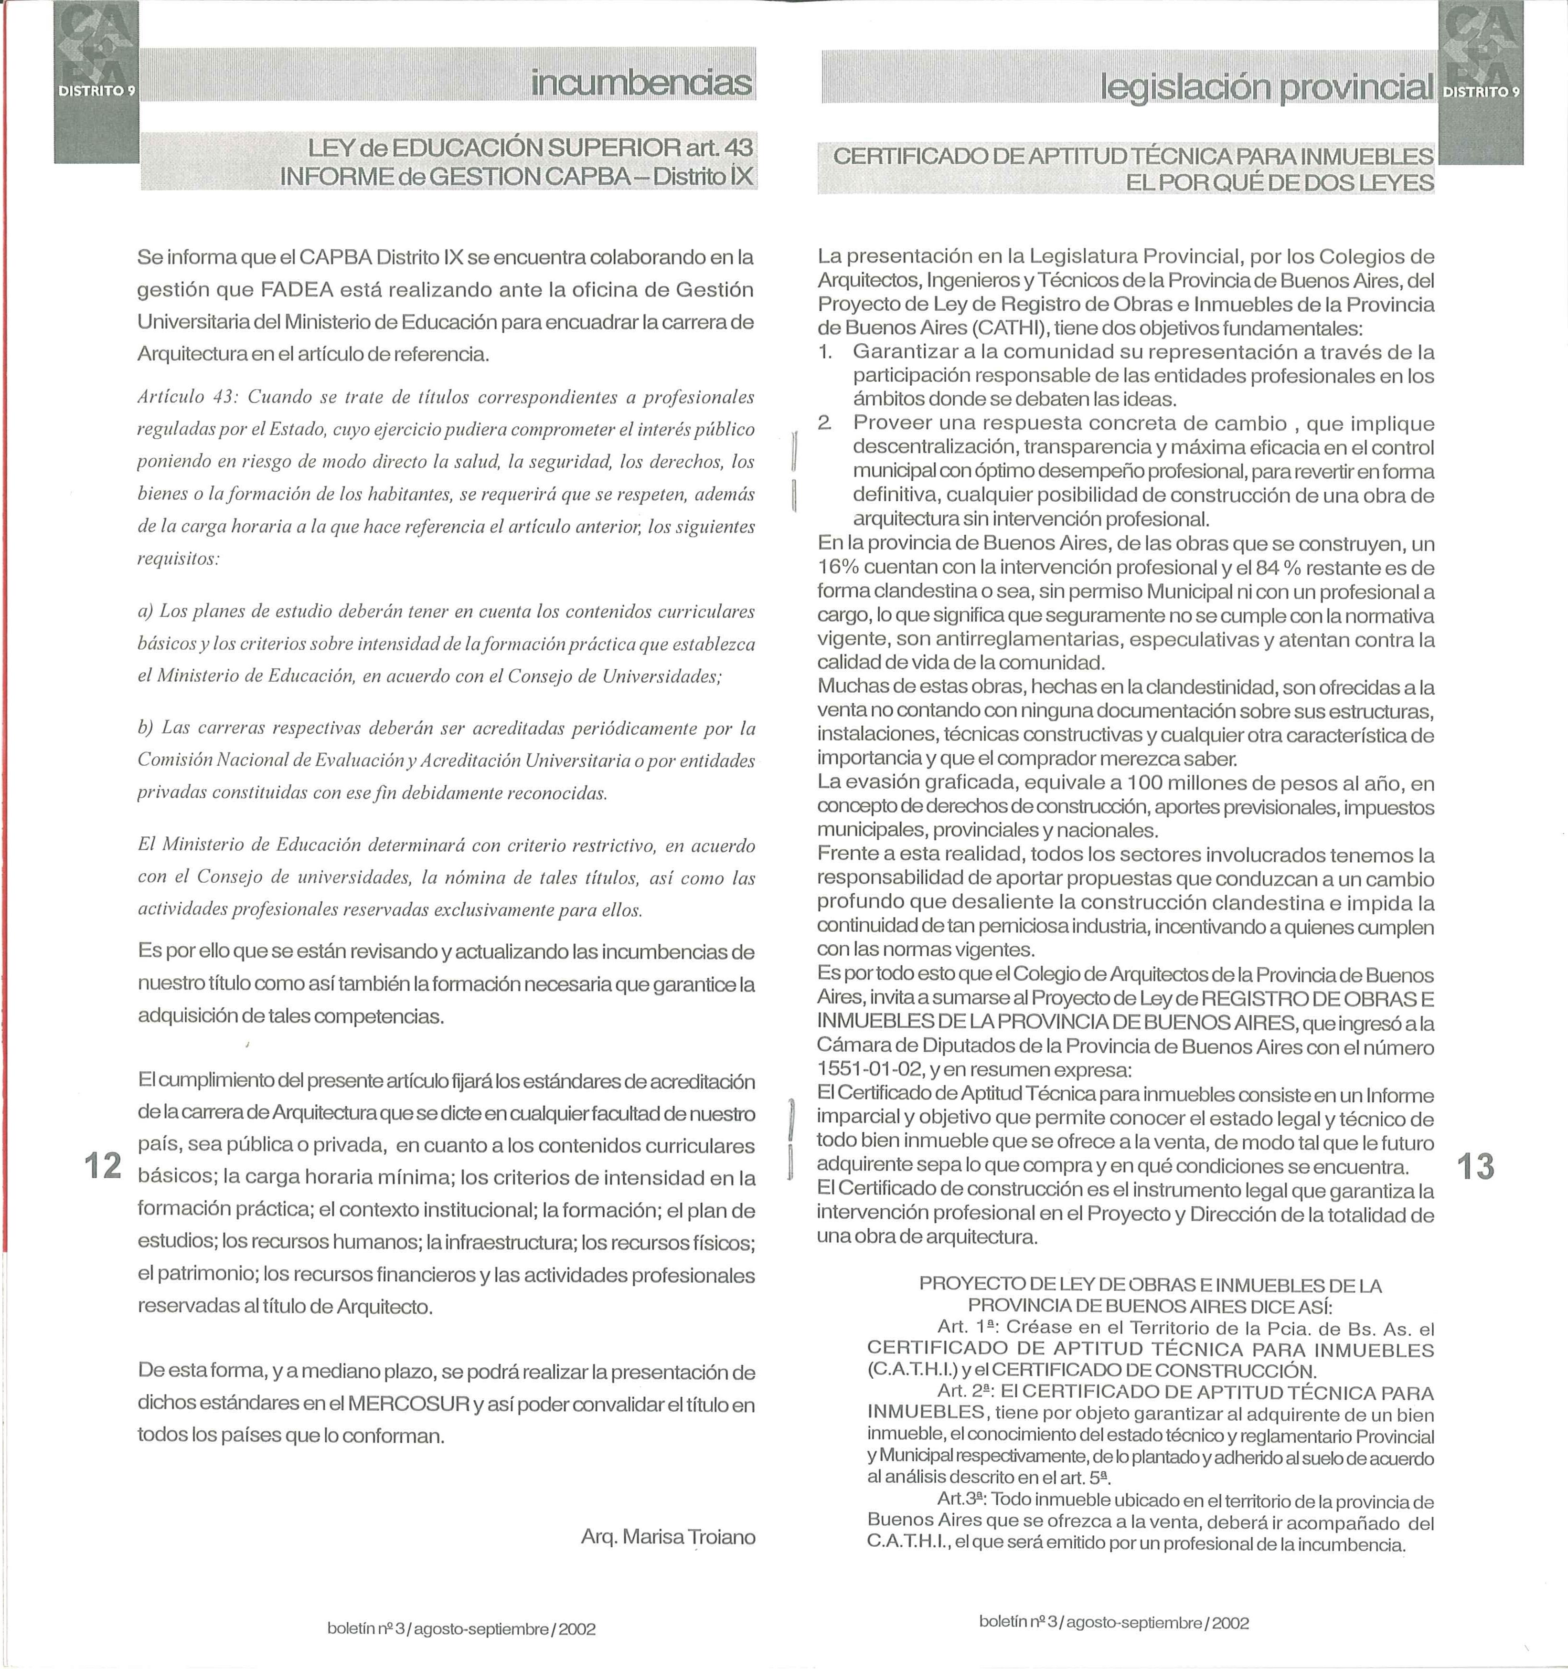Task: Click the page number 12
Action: pos(103,1166)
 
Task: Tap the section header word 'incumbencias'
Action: pos(641,83)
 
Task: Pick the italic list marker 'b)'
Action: pos(146,728)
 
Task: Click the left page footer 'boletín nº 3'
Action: pos(366,1629)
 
